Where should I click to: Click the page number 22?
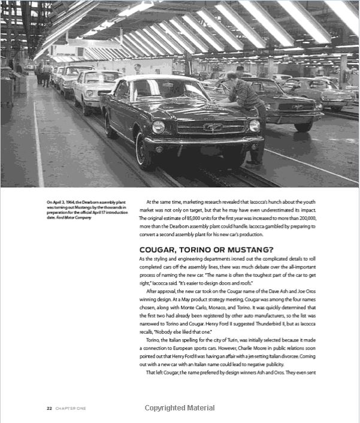[49, 408]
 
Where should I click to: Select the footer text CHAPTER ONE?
[71, 408]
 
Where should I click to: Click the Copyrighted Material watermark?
[180, 408]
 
